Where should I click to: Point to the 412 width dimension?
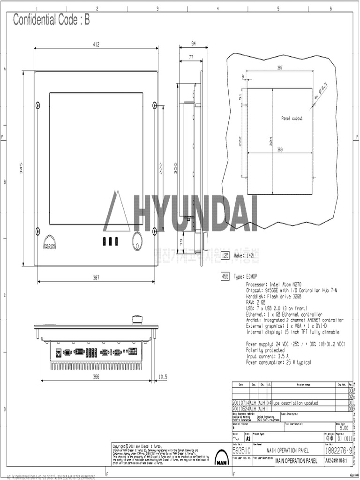point(96,45)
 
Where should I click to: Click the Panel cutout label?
point(292,118)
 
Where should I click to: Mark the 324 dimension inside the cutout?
point(270,141)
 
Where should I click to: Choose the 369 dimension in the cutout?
point(280,150)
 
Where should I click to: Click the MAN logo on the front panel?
point(50,245)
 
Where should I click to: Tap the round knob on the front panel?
point(138,240)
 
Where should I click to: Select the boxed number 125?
point(225,255)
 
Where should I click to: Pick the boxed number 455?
point(225,277)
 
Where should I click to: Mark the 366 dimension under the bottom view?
point(96,376)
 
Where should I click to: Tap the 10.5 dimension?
point(163,376)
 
